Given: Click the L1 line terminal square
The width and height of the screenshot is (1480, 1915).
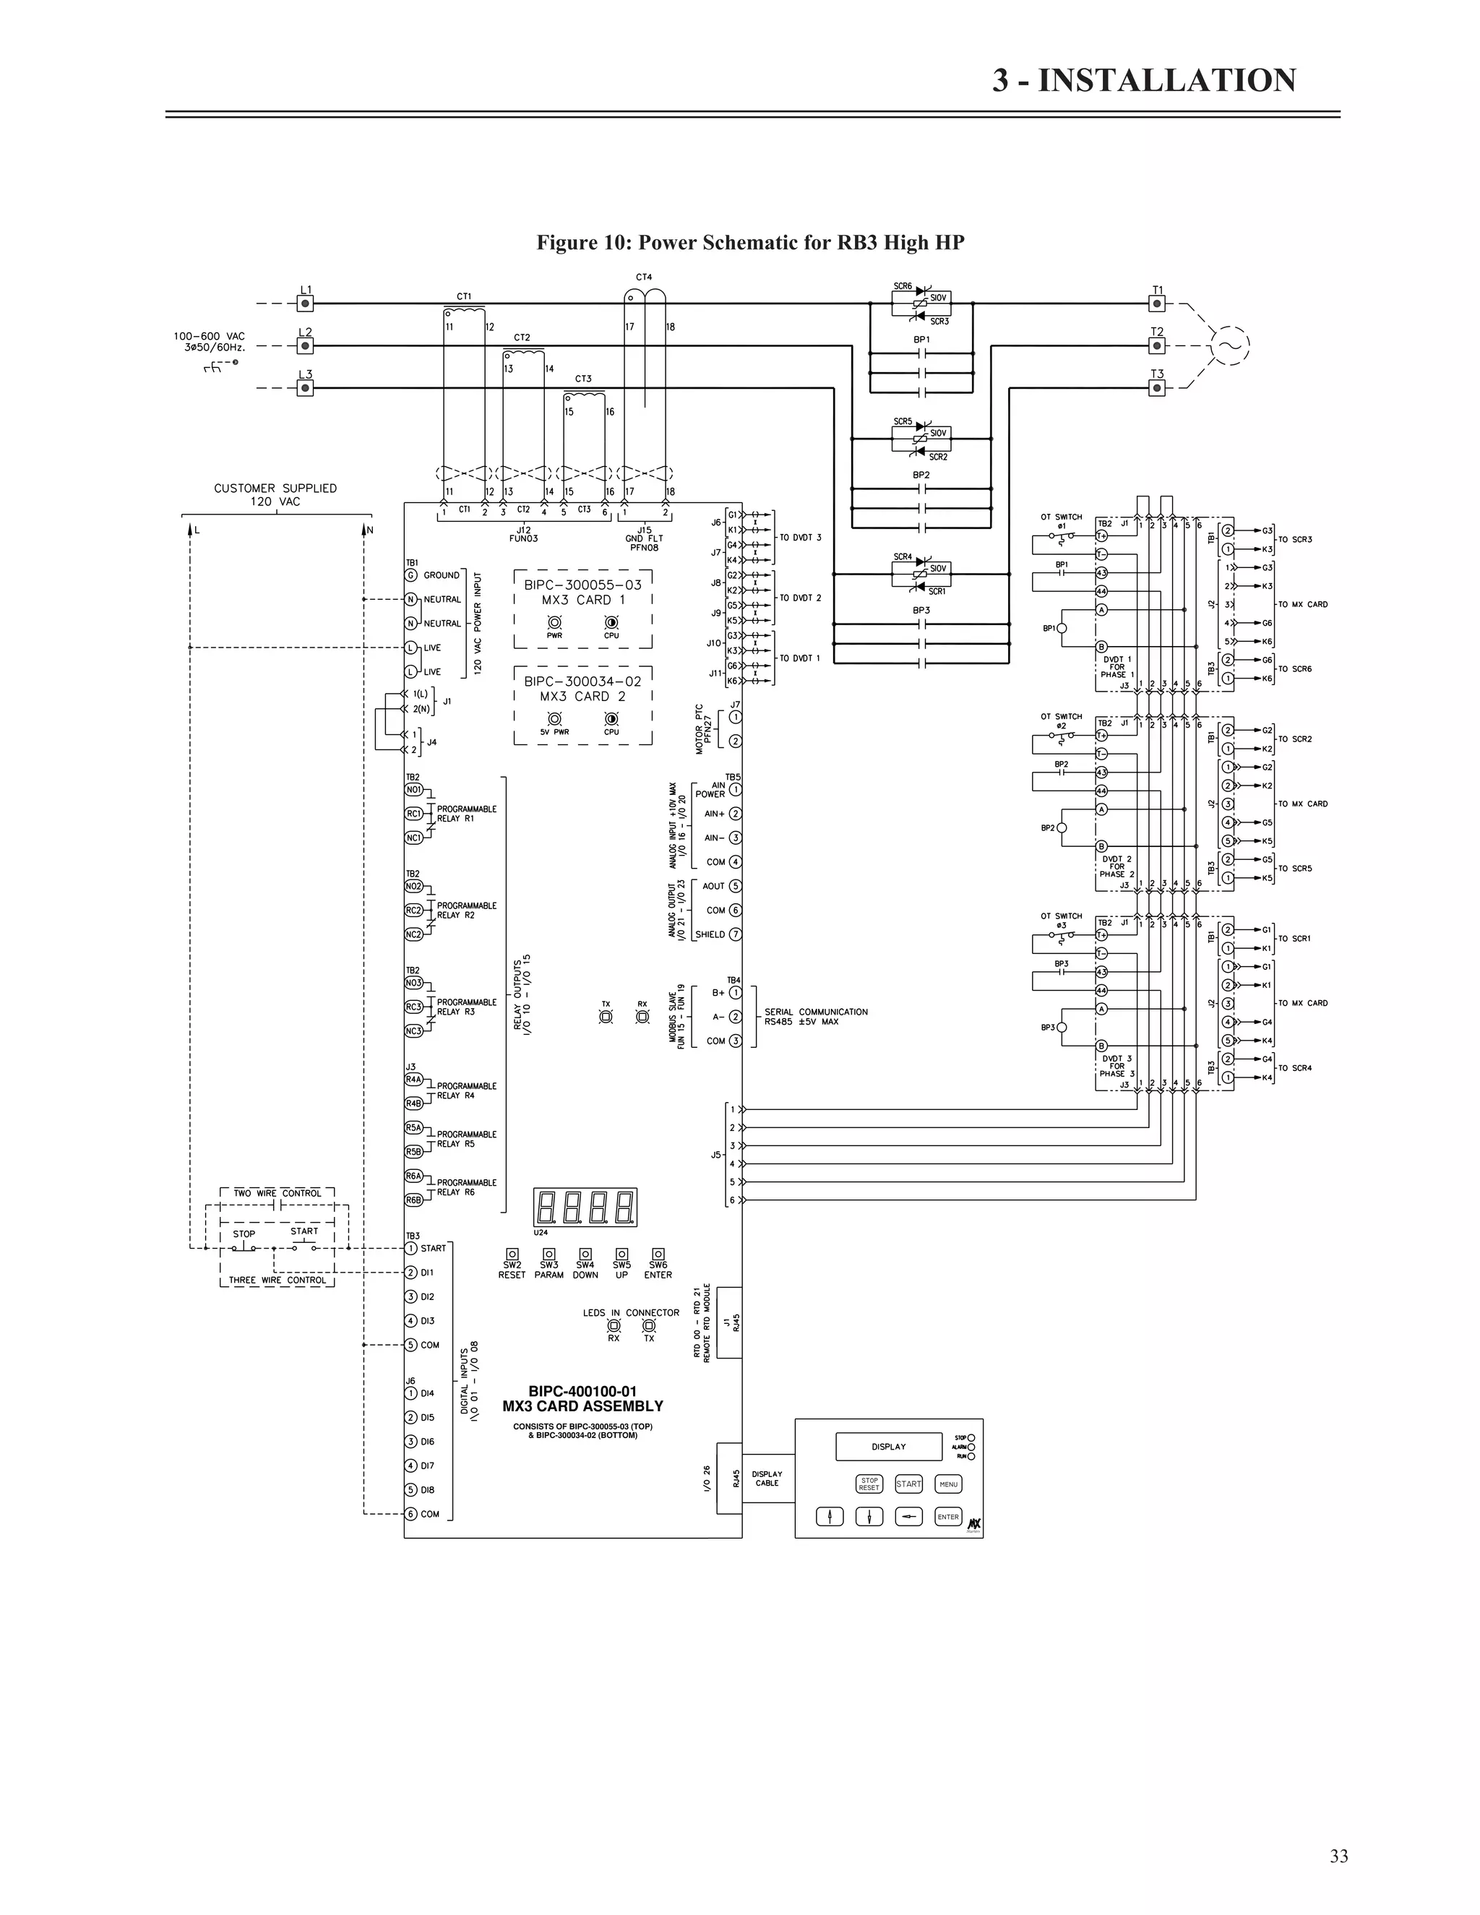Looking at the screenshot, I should point(305,304).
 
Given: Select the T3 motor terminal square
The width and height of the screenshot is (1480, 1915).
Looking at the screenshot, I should point(1158,387).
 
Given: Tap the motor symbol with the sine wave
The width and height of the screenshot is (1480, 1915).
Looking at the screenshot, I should point(1229,345).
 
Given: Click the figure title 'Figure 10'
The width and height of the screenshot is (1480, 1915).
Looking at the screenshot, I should point(751,243).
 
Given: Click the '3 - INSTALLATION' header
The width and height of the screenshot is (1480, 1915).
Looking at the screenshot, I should point(1143,81).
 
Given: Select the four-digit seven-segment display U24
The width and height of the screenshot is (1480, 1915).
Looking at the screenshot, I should point(585,1208).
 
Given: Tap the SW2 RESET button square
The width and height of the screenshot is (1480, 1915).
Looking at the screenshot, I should point(512,1254).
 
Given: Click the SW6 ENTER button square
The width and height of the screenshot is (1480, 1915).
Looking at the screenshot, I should point(658,1254).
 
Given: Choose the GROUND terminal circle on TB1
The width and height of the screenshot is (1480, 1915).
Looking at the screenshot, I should point(410,575).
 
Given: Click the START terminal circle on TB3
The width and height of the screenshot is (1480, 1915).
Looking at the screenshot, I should point(410,1248).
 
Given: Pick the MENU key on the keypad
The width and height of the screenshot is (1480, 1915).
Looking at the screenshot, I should point(949,1484).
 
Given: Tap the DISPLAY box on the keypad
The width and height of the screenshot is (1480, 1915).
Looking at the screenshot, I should point(888,1447).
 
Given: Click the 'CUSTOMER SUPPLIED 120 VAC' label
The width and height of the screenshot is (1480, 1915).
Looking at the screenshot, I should point(275,494).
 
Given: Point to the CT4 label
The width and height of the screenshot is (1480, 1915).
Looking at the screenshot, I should point(644,277).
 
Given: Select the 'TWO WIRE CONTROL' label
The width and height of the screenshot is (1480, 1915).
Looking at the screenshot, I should point(277,1193).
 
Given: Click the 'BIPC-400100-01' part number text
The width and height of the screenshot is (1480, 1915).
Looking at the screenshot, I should point(582,1392).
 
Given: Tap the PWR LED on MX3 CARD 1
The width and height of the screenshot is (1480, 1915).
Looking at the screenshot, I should point(554,621).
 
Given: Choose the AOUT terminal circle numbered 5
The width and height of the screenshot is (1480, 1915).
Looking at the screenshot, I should point(736,887).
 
